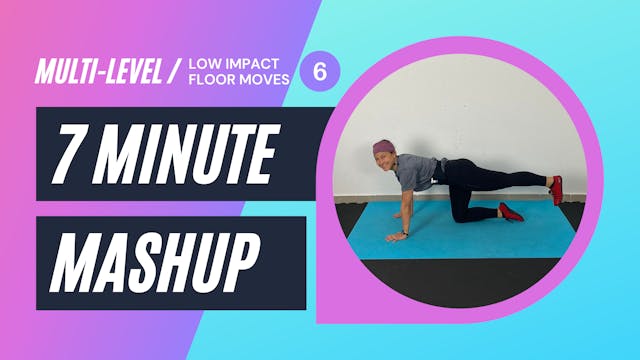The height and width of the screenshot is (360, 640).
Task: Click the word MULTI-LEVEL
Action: tap(97, 72)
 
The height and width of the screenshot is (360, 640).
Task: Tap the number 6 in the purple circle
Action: tap(320, 71)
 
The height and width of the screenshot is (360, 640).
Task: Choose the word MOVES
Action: tap(268, 81)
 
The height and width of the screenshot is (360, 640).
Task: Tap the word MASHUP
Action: tap(150, 262)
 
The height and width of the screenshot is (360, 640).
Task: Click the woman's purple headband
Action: tap(383, 148)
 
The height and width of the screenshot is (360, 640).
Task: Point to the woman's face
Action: tap(384, 162)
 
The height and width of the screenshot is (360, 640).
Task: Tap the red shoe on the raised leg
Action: tap(556, 189)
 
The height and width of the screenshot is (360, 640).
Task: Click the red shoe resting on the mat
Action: tap(510, 212)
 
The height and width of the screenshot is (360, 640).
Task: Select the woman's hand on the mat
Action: tap(397, 237)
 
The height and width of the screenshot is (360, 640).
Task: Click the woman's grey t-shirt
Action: tap(414, 173)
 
